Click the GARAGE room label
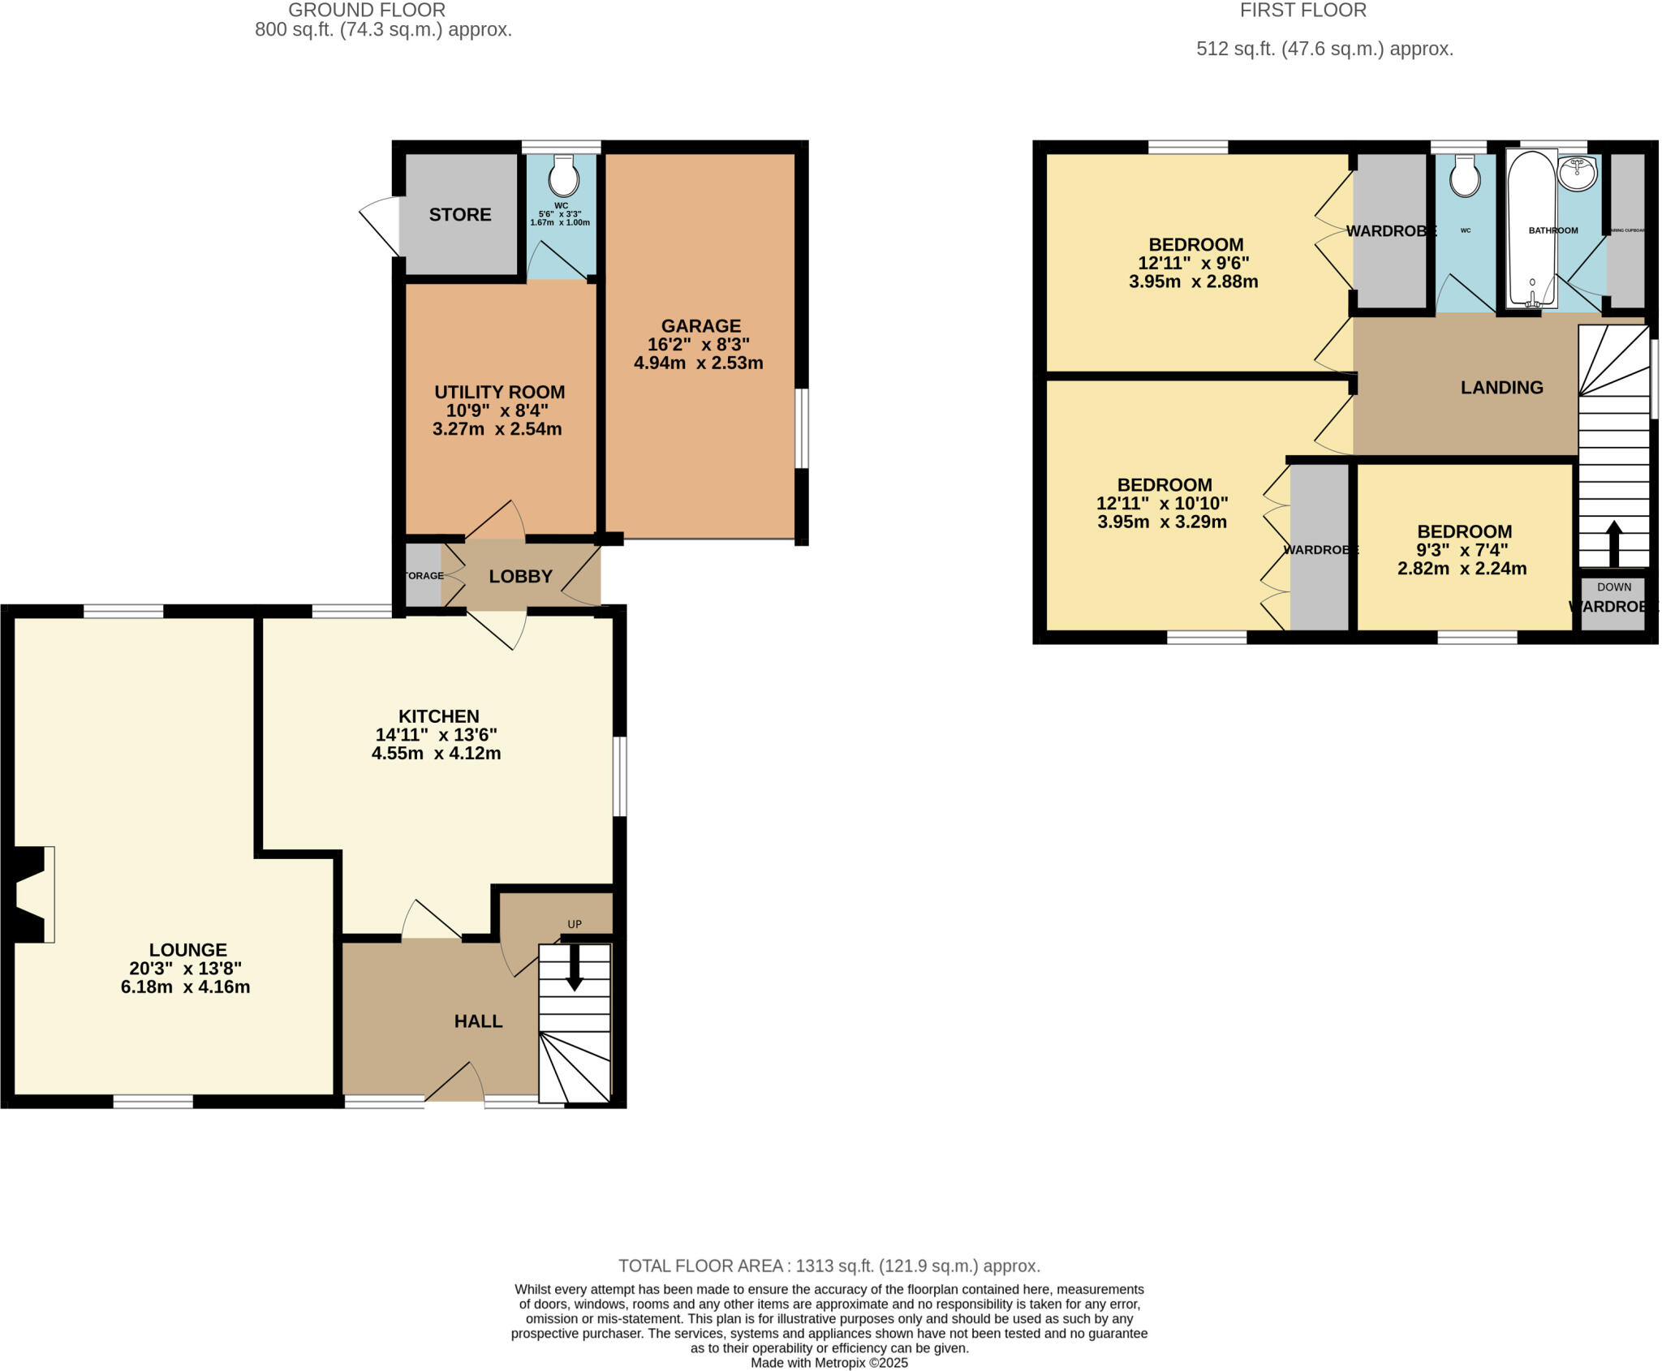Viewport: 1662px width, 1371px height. coord(700,326)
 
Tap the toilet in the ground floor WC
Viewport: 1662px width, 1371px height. coord(562,173)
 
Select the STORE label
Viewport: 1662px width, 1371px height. coord(460,214)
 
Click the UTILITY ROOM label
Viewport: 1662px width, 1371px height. coord(499,392)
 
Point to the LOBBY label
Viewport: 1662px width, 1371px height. coord(520,576)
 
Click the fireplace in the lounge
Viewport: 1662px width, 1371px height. coord(31,894)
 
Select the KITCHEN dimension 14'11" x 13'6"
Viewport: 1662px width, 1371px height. coord(436,735)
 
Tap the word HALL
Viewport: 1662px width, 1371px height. coord(478,1021)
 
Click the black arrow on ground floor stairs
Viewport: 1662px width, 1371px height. coord(575,969)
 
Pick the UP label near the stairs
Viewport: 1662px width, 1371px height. coord(575,924)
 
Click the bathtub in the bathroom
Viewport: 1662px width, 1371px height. coord(1531,229)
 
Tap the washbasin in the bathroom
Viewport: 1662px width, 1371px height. coord(1578,174)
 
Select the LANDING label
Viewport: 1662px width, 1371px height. coord(1501,388)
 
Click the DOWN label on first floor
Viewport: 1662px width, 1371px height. coord(1613,587)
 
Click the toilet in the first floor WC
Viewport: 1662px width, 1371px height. coord(1465,174)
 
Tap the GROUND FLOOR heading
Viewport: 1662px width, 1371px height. coord(367,11)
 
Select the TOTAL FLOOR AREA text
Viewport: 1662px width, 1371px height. coord(829,1266)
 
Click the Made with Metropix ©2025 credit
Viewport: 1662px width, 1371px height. coord(829,1363)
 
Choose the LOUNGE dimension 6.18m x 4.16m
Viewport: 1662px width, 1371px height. coord(185,987)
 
